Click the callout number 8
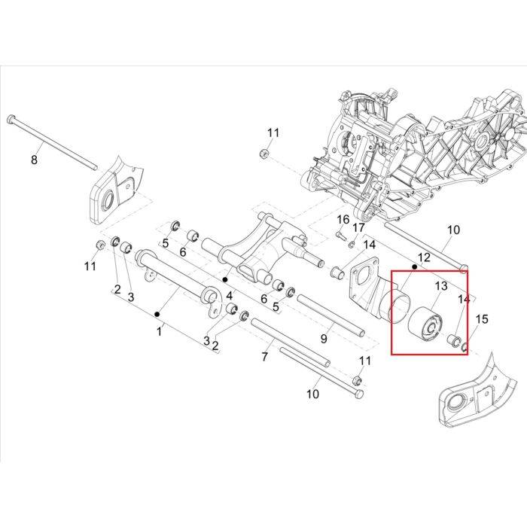pos(34,160)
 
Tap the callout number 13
pos(441,286)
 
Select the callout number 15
pos(482,319)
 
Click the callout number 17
pos(358,228)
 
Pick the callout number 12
pos(424,257)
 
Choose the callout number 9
pos(324,339)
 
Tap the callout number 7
pos(264,357)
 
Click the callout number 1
pos(160,332)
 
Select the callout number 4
pos(229,296)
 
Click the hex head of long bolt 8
pos(11,119)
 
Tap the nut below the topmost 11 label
pos(263,154)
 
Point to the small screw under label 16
pos(341,235)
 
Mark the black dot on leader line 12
pos(414,267)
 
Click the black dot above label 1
pos(157,314)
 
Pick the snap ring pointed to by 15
pos(464,348)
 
